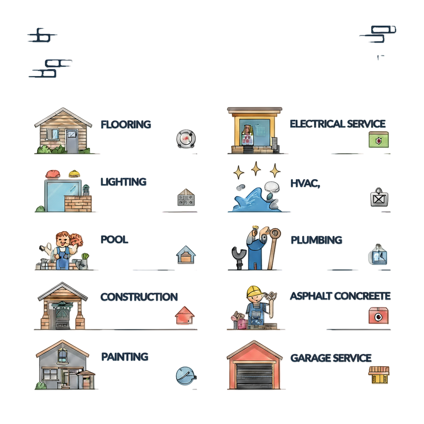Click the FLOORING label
(125, 124)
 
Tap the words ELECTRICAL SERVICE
(337, 123)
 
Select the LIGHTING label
(123, 181)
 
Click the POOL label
(114, 239)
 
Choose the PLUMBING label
(316, 240)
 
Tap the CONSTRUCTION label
(139, 296)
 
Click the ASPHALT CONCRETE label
(340, 296)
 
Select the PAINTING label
(124, 356)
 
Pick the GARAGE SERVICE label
(330, 357)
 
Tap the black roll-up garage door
(255, 375)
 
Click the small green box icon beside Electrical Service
(378, 140)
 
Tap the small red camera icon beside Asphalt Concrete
(378, 316)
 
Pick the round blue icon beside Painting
(184, 376)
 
